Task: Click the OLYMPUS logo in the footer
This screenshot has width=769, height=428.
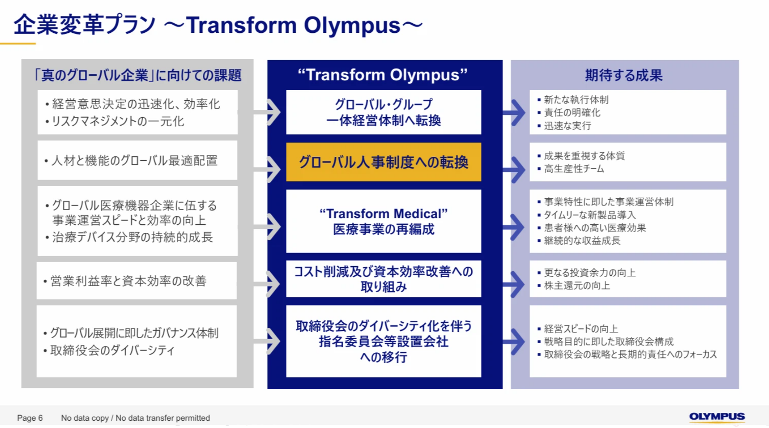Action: pyautogui.click(x=717, y=417)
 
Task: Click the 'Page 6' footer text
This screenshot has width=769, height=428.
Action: pyautogui.click(x=30, y=418)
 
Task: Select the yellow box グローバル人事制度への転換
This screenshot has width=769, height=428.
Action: pyautogui.click(x=383, y=162)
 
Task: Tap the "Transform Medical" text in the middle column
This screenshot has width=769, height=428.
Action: pyautogui.click(x=383, y=214)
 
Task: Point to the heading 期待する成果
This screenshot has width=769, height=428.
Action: pyautogui.click(x=624, y=75)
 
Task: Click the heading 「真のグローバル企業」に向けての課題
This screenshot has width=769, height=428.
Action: pyautogui.click(x=137, y=75)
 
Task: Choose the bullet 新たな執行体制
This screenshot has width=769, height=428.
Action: pyautogui.click(x=576, y=100)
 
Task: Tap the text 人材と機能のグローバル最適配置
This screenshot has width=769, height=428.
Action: pyautogui.click(x=134, y=160)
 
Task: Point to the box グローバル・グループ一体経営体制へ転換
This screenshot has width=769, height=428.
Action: pyautogui.click(x=383, y=112)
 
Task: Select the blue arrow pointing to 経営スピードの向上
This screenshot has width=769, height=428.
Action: pyautogui.click(x=514, y=341)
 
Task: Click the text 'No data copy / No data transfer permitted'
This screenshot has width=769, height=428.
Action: pyautogui.click(x=135, y=418)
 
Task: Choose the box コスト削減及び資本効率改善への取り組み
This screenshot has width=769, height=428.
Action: pyautogui.click(x=383, y=278)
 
